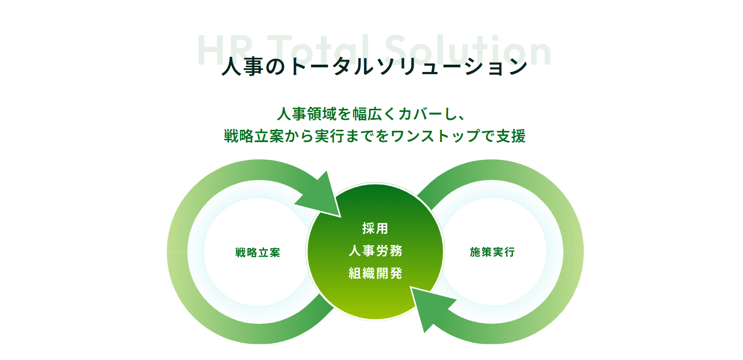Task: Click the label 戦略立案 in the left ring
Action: (257, 252)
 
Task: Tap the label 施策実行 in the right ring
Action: (492, 252)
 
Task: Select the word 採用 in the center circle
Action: (375, 228)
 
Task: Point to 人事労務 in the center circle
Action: (376, 251)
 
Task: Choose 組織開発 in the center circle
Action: (376, 273)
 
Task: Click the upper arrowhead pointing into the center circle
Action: (322, 197)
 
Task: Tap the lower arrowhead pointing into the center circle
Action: (429, 307)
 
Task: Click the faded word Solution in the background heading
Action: (468, 50)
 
